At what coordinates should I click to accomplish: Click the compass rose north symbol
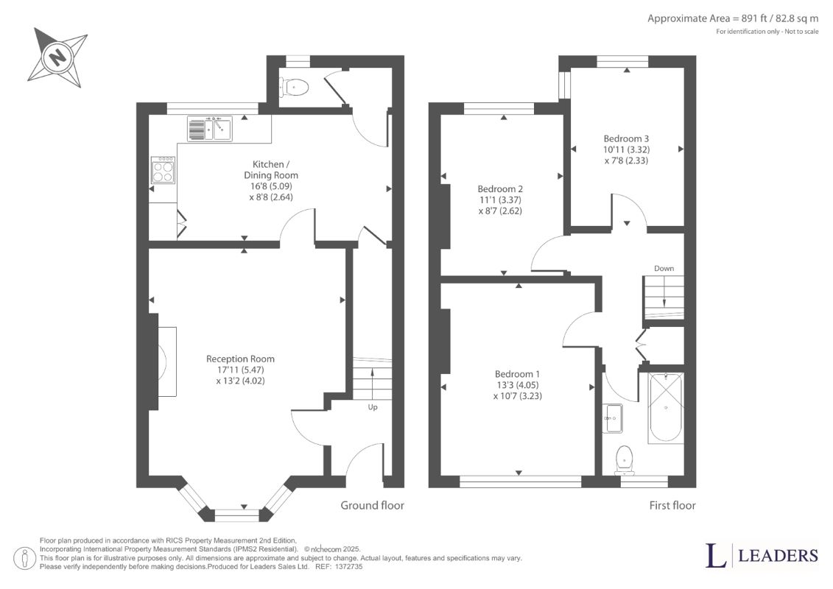(57, 57)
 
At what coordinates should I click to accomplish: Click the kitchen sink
(209, 129)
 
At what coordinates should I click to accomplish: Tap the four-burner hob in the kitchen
(163, 169)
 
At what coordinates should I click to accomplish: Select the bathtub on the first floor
(666, 407)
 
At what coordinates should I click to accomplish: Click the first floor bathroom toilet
(625, 460)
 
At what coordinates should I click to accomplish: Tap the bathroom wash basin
(613, 418)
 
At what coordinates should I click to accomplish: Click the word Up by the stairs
(373, 407)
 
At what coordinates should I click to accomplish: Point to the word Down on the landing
(664, 268)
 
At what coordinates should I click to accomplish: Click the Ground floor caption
(372, 505)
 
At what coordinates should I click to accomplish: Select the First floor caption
(672, 505)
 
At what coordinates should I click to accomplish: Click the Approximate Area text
(733, 18)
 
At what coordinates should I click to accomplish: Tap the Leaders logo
(762, 555)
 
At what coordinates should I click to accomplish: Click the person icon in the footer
(25, 559)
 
